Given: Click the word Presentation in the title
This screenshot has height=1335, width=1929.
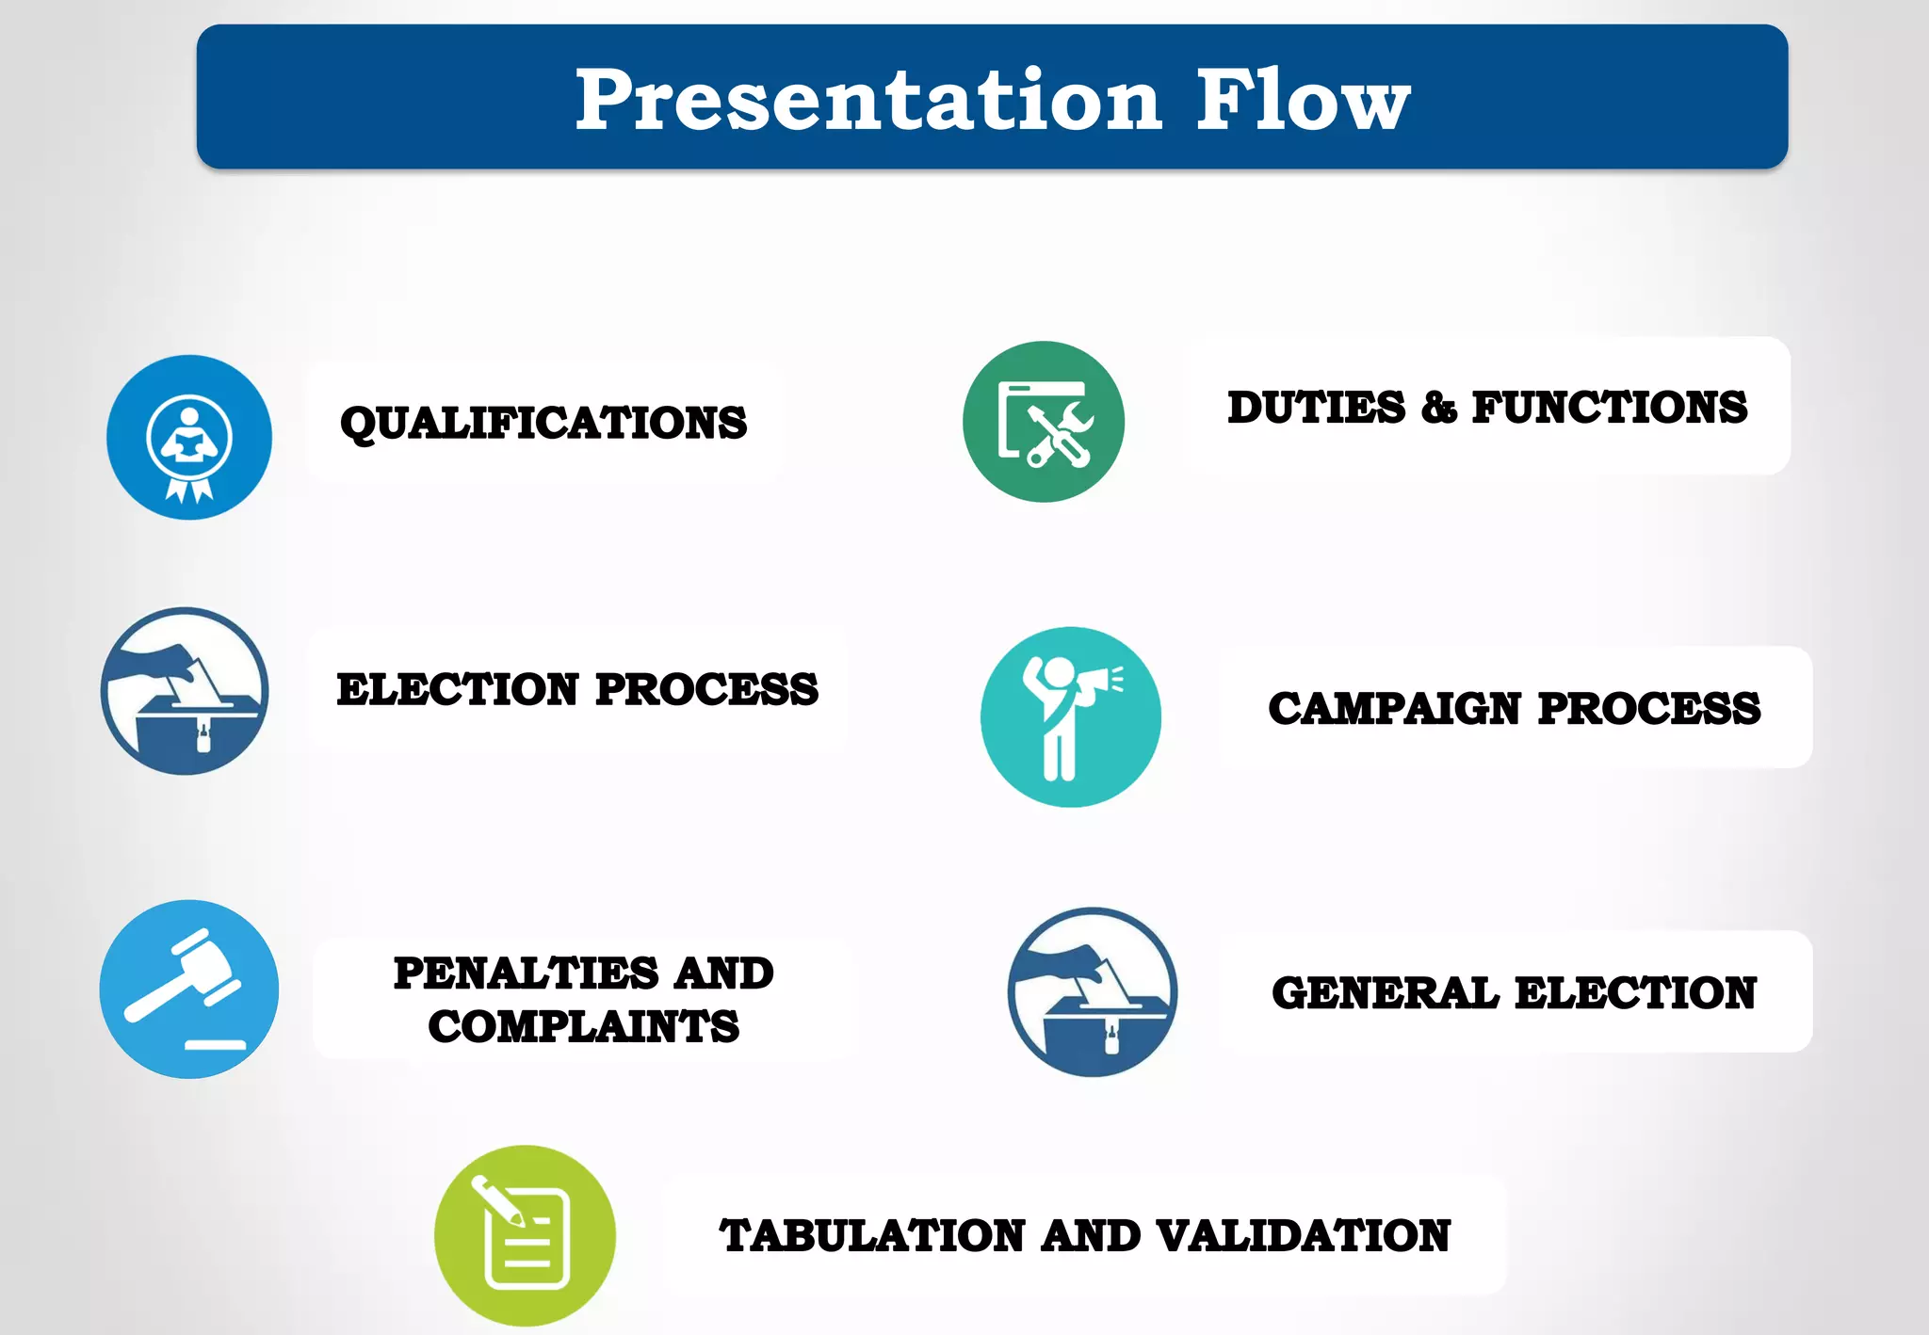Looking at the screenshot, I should point(867,101).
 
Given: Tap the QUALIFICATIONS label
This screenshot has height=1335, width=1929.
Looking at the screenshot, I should point(543,423).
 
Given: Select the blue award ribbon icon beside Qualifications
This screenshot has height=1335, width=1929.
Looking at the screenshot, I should point(189,438).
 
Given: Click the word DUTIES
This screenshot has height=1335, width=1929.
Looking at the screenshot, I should point(1316,408).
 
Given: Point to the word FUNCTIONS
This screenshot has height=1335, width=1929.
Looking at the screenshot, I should point(1609,408).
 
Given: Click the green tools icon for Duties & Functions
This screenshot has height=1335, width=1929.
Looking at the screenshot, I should point(1044,422).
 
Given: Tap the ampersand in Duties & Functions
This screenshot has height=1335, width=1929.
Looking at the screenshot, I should point(1438,409).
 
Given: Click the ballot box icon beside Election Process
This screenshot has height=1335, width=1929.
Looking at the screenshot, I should point(185,691).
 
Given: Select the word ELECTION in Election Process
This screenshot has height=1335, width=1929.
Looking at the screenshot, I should point(458,689).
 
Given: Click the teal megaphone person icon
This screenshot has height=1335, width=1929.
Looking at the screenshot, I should point(1070,716).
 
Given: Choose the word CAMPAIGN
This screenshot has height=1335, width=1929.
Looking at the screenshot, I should point(1395,708).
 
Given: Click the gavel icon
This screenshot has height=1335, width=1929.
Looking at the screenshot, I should point(189,989).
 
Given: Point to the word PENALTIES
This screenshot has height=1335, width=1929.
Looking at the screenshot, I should point(526,973).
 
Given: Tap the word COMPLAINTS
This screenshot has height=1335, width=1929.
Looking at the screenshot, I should point(584,1026).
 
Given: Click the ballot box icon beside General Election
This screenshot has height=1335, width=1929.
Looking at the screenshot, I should point(1093,992).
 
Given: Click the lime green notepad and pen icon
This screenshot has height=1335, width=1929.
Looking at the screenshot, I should point(525,1235).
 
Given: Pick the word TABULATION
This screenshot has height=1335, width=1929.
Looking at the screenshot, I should point(872,1236).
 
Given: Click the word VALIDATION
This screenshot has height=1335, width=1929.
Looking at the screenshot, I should point(1304,1236).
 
